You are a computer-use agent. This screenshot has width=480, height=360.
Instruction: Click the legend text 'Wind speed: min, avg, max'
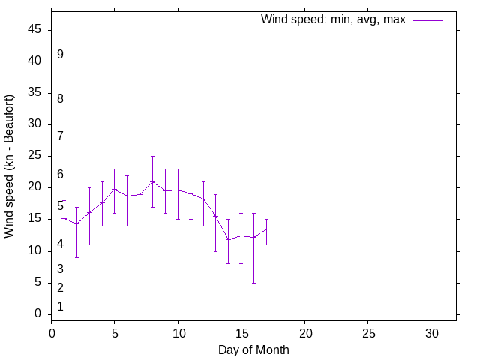[333, 19]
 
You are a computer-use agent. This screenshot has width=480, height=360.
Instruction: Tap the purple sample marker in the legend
[427, 20]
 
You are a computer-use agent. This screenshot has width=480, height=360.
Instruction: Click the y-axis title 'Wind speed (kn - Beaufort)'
[10, 166]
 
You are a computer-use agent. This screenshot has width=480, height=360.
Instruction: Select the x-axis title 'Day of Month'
[253, 349]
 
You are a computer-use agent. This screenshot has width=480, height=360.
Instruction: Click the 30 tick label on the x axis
[431, 332]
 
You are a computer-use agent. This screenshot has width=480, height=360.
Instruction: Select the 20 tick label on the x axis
[304, 332]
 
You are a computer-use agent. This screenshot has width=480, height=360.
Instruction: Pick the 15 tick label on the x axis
[241, 332]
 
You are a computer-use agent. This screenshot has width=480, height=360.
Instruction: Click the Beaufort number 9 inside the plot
[60, 55]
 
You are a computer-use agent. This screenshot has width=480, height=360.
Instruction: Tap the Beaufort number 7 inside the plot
[60, 136]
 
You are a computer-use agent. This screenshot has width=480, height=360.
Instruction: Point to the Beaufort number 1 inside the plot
[60, 306]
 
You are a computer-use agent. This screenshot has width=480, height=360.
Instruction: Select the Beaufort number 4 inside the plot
[60, 243]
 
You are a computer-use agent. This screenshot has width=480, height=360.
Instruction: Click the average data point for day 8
[152, 181]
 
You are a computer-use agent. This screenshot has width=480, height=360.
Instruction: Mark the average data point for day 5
[115, 189]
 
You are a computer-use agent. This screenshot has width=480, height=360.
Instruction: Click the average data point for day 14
[229, 239]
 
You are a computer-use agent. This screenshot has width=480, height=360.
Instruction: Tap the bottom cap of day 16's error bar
[253, 283]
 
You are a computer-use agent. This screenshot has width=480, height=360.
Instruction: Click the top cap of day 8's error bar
[152, 157]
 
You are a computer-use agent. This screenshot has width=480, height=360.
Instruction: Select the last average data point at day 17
[266, 229]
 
